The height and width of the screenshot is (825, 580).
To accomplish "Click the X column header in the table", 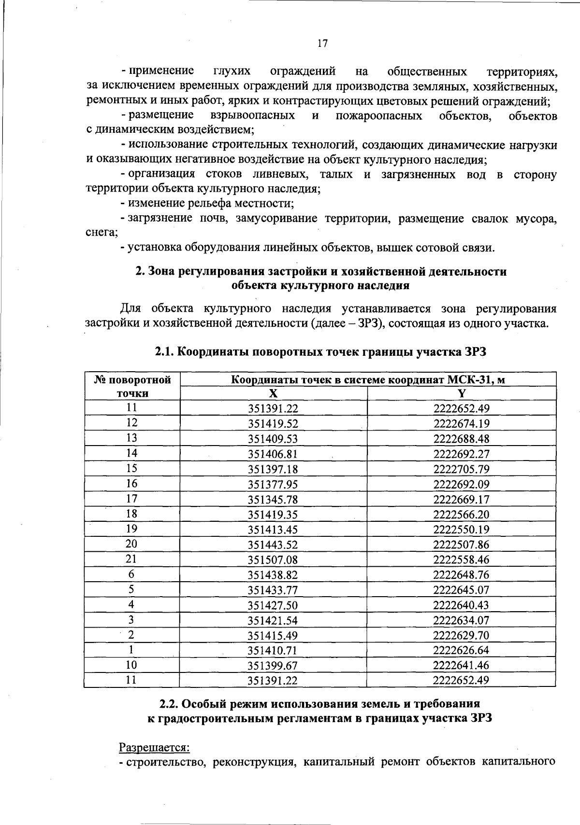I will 273,393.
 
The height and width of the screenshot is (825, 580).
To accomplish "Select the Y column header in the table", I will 462,393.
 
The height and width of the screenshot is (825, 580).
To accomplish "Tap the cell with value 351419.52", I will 273,424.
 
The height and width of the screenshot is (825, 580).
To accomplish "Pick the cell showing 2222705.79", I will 462,469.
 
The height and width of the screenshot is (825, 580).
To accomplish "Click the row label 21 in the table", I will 131,559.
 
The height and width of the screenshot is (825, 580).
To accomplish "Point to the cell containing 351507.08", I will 273,560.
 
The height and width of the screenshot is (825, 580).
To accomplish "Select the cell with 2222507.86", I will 462,545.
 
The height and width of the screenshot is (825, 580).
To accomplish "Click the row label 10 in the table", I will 131,665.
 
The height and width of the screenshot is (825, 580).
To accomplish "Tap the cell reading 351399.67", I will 273,666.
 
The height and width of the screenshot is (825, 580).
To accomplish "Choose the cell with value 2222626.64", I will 462,650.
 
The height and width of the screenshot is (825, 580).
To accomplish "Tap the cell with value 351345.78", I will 273,500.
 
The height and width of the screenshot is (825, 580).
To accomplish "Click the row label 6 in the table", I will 131,574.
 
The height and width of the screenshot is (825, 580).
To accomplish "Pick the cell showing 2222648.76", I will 462,575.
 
